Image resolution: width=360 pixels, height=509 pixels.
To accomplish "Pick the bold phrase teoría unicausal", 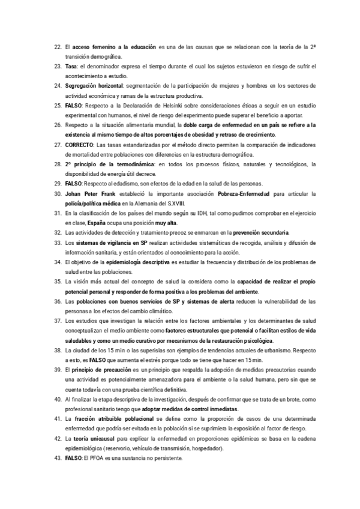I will tap(96, 439).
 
